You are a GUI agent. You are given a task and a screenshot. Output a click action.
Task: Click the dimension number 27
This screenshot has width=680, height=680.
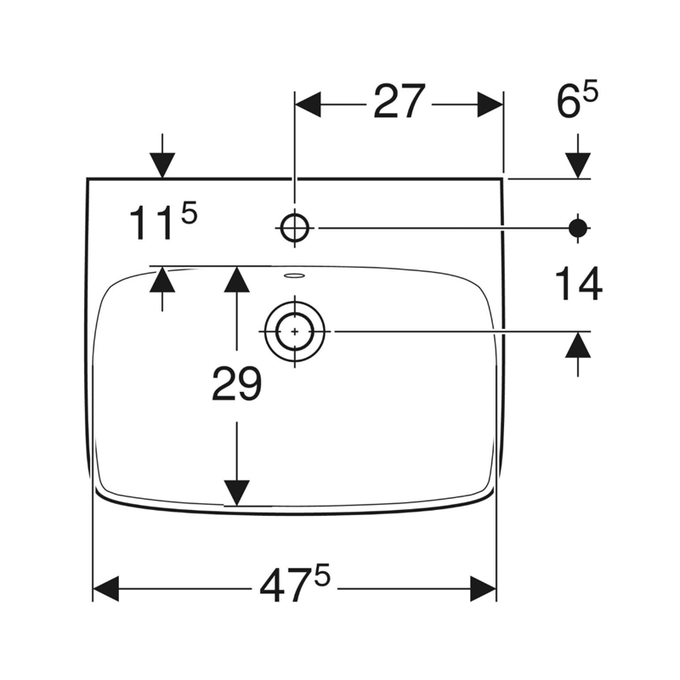[x=399, y=102]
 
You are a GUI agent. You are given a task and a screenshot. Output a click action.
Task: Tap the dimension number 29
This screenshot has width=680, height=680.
[x=237, y=383]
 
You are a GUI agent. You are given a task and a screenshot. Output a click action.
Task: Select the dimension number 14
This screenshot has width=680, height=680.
[x=579, y=284]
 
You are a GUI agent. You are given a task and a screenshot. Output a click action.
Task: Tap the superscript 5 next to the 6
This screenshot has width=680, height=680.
[x=590, y=94]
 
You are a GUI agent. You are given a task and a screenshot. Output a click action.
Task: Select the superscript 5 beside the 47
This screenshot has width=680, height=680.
[x=322, y=575]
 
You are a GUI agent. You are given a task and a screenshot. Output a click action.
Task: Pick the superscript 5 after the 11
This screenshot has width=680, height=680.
[x=189, y=214]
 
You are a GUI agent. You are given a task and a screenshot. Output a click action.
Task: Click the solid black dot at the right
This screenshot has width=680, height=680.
[x=578, y=228]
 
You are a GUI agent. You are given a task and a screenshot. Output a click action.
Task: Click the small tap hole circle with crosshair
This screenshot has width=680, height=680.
[x=295, y=228]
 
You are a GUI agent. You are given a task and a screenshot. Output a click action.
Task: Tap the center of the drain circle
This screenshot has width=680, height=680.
[x=295, y=331]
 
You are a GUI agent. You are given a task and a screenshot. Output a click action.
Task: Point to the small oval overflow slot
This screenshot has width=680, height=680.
[x=294, y=275]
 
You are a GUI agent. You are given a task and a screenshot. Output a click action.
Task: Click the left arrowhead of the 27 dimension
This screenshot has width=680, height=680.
[x=308, y=105]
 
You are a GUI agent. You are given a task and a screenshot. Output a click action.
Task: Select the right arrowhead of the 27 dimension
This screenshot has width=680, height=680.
[x=490, y=105]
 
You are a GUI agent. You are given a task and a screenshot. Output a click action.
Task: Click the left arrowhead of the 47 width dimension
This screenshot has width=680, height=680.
[x=105, y=589]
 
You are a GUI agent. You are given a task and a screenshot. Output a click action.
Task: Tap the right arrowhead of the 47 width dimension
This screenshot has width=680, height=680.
[x=484, y=589]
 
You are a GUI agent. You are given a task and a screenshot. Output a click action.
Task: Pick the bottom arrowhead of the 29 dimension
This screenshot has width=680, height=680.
[x=236, y=493]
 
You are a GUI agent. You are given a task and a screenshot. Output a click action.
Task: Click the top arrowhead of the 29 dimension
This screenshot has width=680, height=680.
[x=236, y=279]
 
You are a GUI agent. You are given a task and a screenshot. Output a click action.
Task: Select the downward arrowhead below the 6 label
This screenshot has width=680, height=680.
[x=578, y=165]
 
